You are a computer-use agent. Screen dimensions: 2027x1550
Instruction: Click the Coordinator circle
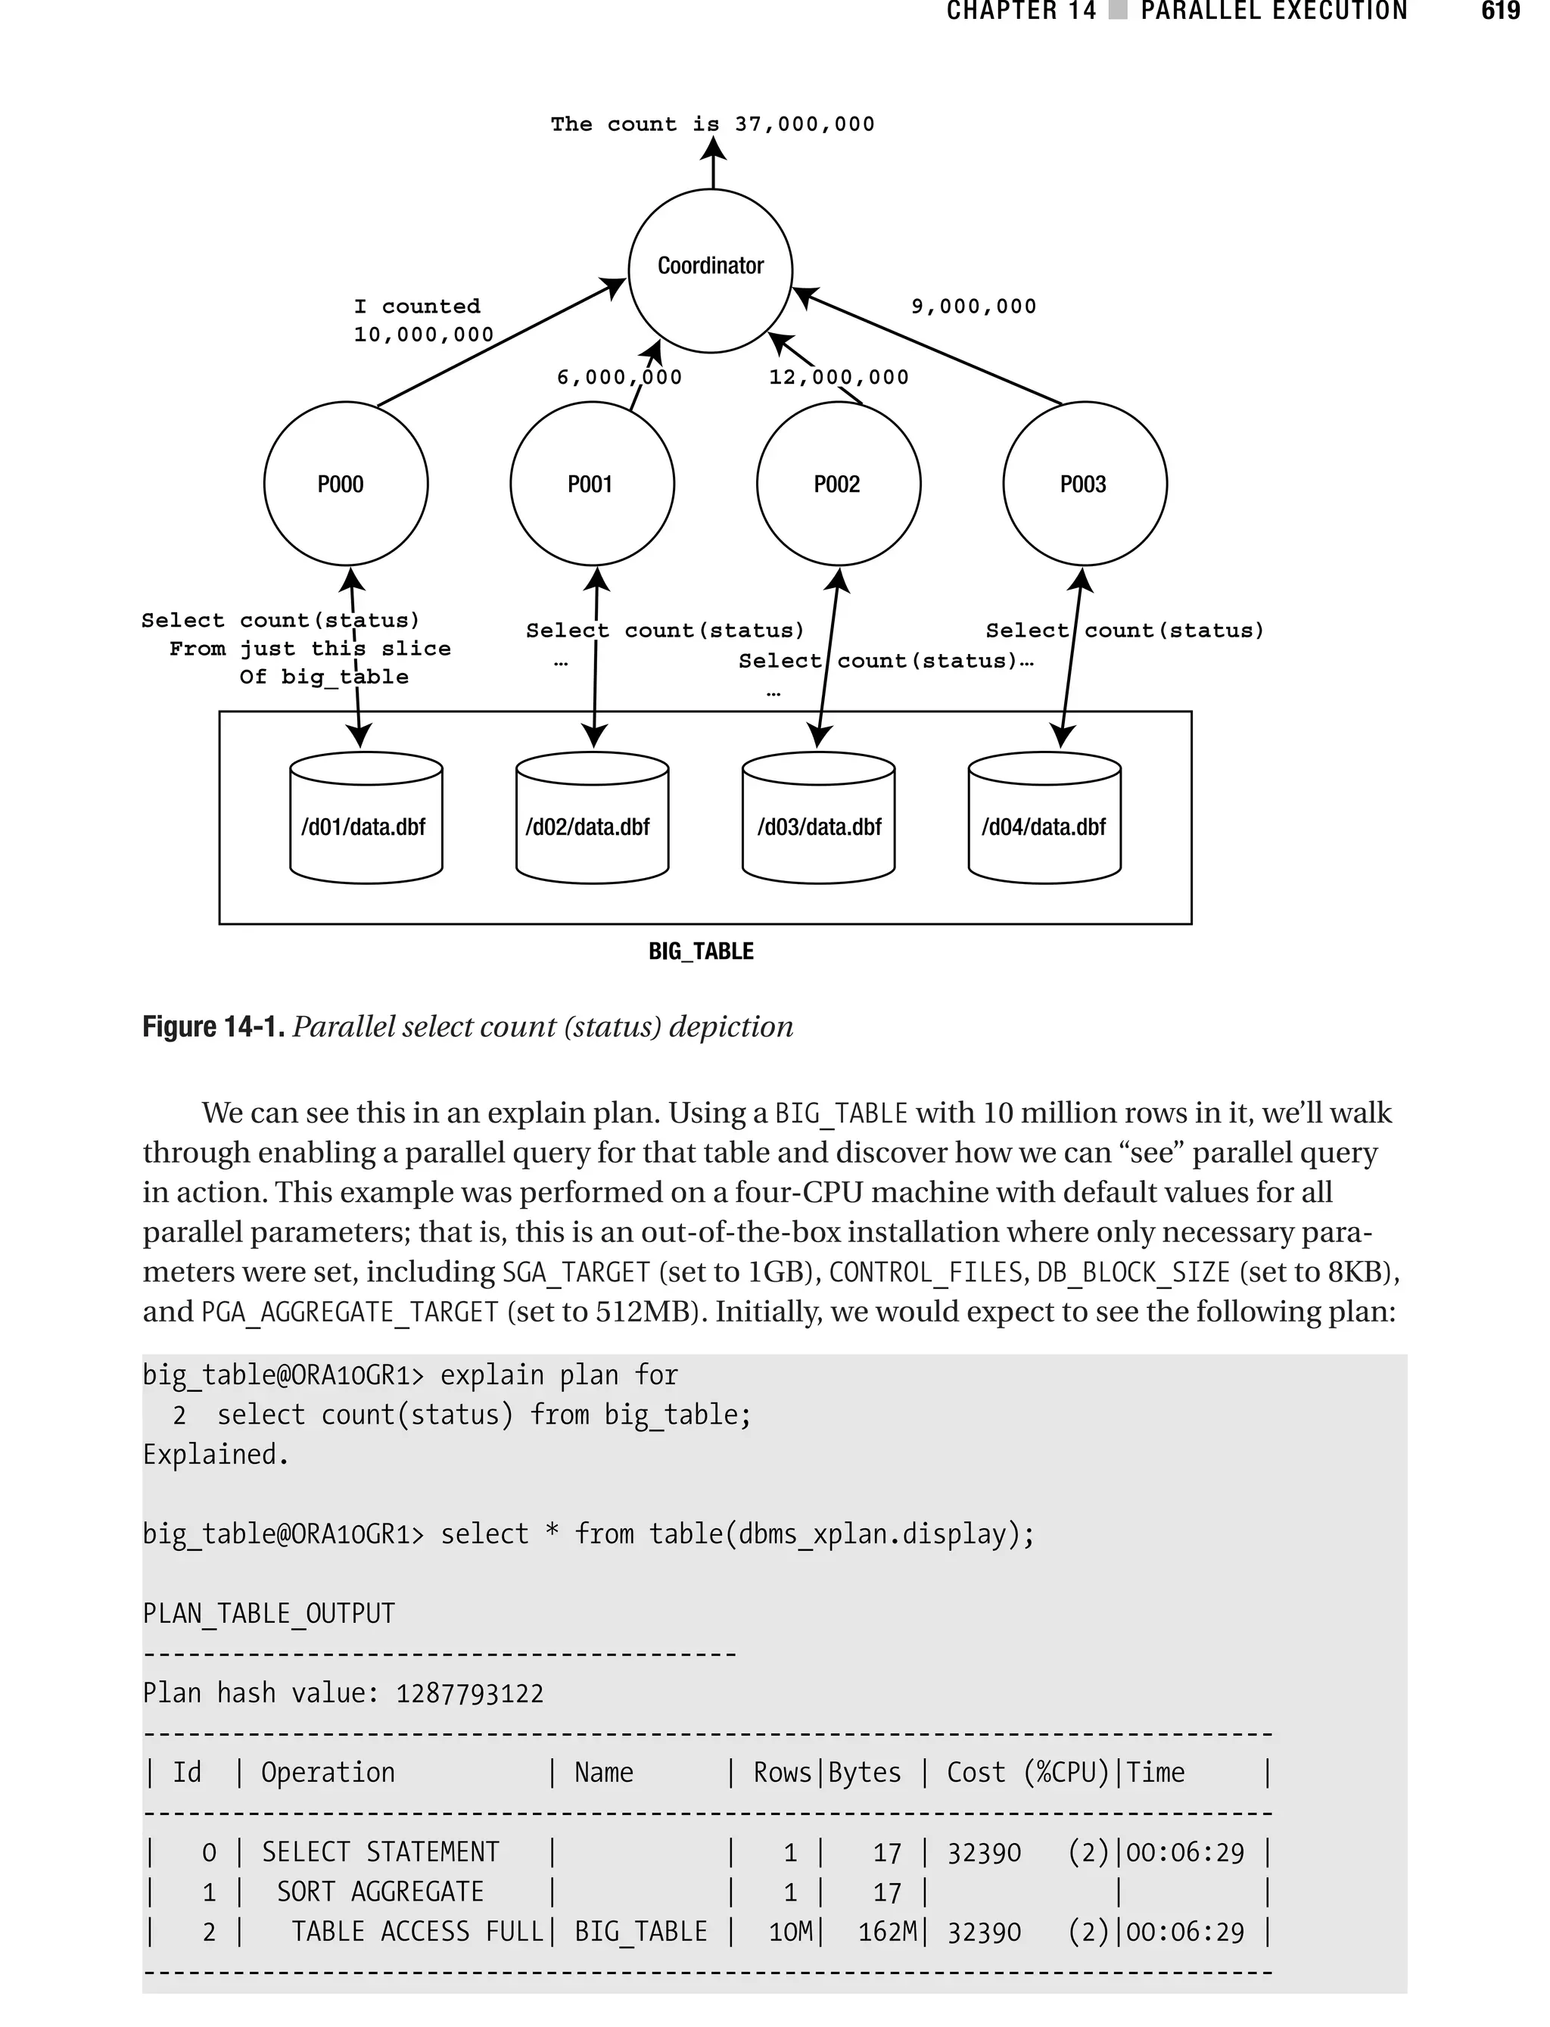711,269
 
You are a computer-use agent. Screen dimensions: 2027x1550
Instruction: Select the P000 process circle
346,483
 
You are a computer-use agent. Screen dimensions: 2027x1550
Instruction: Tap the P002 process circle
838,483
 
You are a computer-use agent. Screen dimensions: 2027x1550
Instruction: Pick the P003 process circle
1084,483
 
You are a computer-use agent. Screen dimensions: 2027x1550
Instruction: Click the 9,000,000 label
973,307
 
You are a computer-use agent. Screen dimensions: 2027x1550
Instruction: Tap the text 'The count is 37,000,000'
712,123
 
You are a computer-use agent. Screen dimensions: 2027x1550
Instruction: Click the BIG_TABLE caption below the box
701,951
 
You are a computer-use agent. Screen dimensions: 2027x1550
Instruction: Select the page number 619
1500,11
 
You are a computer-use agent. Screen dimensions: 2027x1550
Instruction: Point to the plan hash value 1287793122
469,1693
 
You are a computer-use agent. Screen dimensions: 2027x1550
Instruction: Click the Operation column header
328,1773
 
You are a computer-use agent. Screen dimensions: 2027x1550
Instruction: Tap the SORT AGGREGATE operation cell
380,1892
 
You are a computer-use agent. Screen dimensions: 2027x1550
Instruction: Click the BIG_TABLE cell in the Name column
640,1931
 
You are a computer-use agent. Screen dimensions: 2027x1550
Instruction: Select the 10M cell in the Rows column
790,1931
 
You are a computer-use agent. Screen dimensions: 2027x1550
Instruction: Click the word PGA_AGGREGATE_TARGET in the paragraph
350,1312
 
